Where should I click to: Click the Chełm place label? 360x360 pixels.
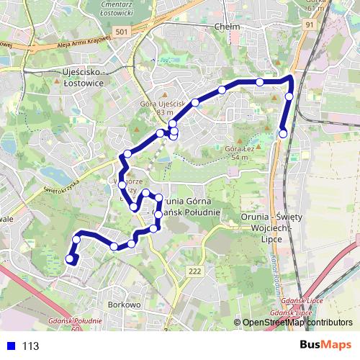pyautogui.click(x=227, y=27)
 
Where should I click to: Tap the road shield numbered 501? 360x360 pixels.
pyautogui.click(x=122, y=32)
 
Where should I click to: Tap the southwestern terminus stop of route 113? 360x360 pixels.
pyautogui.click(x=70, y=259)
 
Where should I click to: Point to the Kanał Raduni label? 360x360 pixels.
pyautogui.click(x=276, y=270)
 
